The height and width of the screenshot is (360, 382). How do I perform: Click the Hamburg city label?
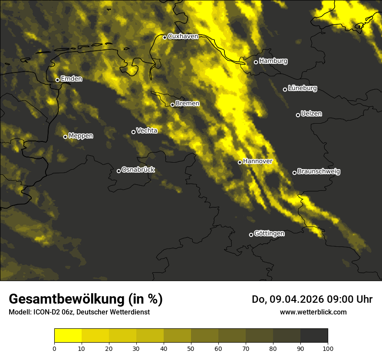[x=273, y=61]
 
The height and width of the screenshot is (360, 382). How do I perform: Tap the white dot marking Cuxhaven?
[x=165, y=37]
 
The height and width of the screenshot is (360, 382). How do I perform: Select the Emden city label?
[x=71, y=79]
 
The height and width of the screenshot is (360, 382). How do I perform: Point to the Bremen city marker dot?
[x=172, y=105]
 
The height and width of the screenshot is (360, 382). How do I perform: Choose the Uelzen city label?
[x=311, y=114]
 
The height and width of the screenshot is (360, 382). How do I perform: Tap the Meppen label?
[x=81, y=136]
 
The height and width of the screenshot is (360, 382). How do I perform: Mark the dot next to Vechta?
[x=133, y=132]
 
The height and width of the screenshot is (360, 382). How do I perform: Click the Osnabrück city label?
[x=138, y=170]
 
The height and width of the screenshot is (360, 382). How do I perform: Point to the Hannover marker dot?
[x=240, y=162]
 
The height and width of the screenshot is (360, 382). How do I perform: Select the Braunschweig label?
[x=319, y=172]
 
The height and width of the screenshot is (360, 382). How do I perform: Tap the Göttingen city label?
[x=269, y=234]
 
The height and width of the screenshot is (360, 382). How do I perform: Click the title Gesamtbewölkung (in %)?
[x=86, y=299]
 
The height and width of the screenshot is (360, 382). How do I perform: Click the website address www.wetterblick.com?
[x=313, y=312]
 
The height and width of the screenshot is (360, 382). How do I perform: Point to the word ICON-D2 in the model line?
[x=46, y=312]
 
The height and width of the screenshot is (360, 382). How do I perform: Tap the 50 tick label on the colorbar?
[x=191, y=348]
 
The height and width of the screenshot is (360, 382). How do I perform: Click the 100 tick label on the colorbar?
[x=328, y=348]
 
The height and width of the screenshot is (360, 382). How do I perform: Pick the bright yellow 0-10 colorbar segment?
[x=68, y=336]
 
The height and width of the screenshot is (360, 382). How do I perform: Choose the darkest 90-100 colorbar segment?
[x=314, y=336]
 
